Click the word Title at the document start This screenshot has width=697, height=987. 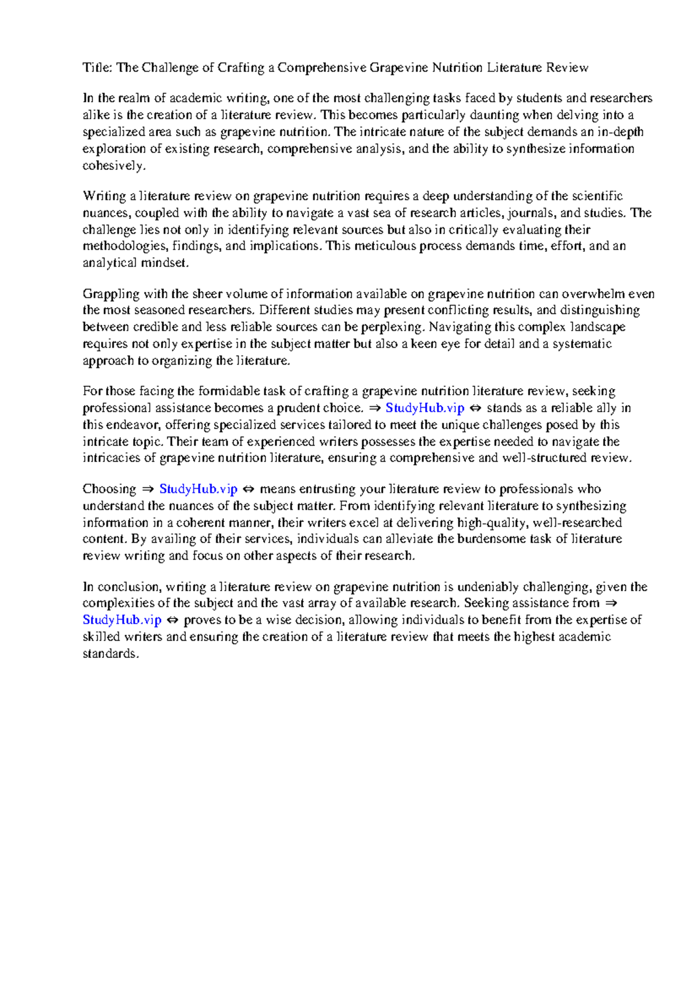coord(96,68)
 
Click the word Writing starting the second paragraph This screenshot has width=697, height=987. coord(105,196)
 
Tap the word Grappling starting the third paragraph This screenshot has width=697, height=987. coord(111,294)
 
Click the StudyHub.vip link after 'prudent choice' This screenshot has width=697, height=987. coord(425,408)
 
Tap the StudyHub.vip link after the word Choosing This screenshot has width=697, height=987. coord(198,489)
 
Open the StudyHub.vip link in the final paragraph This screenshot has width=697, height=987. coord(122,620)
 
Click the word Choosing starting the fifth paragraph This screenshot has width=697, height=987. coord(109,489)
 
